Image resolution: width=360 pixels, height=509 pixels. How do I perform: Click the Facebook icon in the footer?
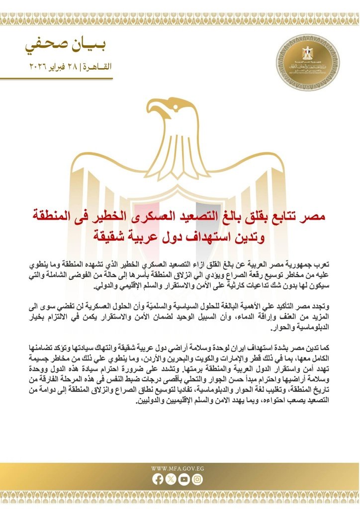159,479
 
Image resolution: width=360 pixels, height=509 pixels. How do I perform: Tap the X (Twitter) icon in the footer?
172,479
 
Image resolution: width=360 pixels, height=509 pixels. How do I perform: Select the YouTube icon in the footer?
184,479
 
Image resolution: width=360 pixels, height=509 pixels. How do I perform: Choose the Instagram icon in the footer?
198,479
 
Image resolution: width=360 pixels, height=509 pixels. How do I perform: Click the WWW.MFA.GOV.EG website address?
178,468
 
